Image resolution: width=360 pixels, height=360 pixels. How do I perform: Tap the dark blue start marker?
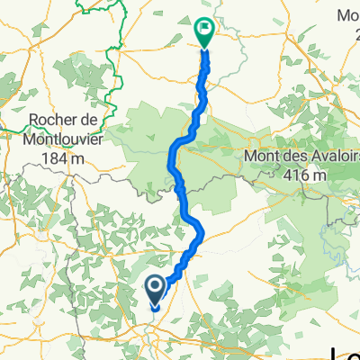155,290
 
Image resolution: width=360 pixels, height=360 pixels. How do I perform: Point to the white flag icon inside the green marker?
206,30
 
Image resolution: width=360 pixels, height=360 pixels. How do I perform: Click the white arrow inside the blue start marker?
155,287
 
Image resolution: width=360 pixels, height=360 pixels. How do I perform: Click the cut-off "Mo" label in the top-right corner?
347,14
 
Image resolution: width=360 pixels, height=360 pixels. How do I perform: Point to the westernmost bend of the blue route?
171,159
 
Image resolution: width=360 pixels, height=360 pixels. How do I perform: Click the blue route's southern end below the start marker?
156,309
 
